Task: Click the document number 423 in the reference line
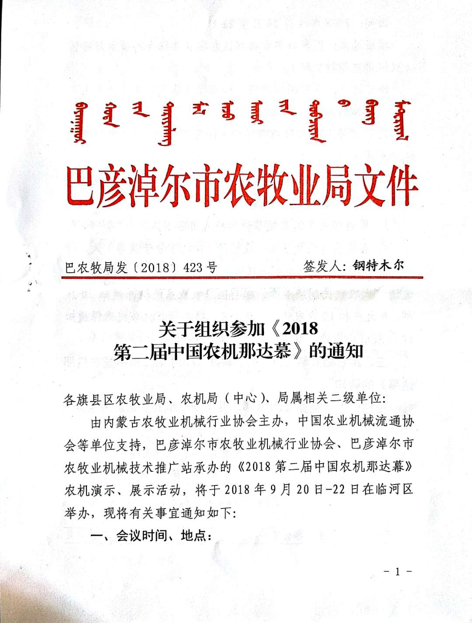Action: (193, 267)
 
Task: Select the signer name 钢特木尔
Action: (378, 265)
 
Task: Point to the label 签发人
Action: (322, 266)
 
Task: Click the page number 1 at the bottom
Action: (397, 571)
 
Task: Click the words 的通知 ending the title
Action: (336, 351)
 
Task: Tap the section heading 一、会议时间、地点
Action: (151, 536)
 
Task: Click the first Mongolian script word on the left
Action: (80, 123)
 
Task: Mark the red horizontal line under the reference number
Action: (242, 277)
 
